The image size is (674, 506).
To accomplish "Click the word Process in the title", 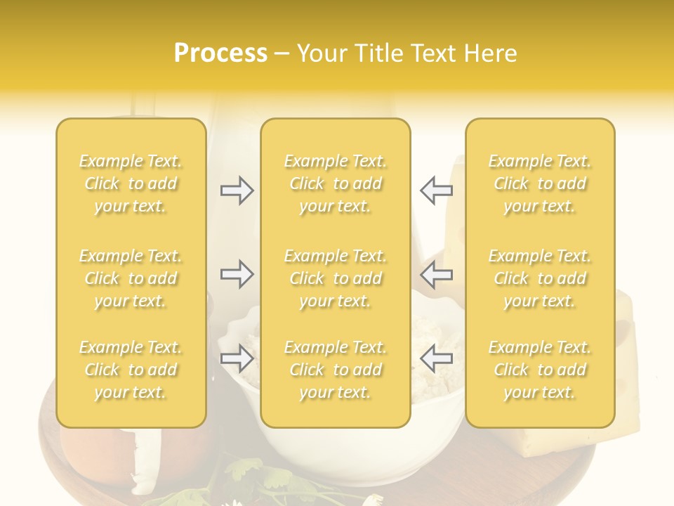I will click(220, 53).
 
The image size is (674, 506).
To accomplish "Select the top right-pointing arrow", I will click(237, 190).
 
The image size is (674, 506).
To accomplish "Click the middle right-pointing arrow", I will click(237, 274).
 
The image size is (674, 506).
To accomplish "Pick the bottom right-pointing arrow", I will click(237, 358).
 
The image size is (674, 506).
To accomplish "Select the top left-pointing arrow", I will click(436, 190).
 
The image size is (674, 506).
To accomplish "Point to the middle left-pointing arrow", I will click(436, 274).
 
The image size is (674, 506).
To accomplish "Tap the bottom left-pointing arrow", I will click(436, 358).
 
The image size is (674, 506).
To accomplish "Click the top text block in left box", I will click(131, 183).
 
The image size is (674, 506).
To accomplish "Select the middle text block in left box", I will click(131, 278).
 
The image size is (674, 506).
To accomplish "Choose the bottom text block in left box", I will click(131, 370).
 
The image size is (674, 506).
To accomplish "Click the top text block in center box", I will click(336, 183).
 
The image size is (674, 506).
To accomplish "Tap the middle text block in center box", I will click(336, 278).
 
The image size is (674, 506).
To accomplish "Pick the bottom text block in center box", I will click(336, 370).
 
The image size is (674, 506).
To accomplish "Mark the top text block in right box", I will click(540, 183).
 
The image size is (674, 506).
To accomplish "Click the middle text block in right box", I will click(540, 278).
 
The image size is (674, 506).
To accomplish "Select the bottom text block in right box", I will click(540, 370).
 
